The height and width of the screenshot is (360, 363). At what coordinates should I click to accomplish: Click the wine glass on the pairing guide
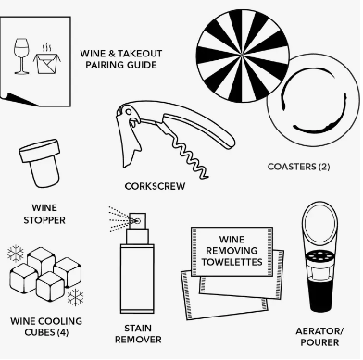[x=21, y=56]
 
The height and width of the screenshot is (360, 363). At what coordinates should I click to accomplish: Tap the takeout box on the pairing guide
[x=46, y=63]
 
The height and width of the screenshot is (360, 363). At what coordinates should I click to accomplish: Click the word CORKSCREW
[x=155, y=186]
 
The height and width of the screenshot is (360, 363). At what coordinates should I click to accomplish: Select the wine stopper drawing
[x=40, y=163]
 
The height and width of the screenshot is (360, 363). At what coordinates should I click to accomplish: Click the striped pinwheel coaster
[x=243, y=56]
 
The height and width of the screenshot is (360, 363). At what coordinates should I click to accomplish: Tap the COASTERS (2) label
[x=298, y=167]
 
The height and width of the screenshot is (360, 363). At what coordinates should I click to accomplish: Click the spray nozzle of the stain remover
[x=137, y=221]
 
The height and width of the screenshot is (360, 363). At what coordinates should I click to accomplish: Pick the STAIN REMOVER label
[x=138, y=334]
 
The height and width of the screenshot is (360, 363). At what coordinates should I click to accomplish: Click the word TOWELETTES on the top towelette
[x=232, y=262]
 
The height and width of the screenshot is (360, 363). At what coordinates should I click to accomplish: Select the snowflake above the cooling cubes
[x=16, y=254]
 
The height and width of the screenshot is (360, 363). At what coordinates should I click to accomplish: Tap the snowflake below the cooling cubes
[x=75, y=297]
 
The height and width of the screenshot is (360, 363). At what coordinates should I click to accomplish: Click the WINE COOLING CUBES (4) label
[x=46, y=327]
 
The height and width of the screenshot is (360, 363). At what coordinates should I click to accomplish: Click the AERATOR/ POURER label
[x=319, y=337]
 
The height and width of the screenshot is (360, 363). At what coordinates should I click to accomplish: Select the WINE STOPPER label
[x=44, y=214]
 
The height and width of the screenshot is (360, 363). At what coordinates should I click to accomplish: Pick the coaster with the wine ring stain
[x=313, y=101]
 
